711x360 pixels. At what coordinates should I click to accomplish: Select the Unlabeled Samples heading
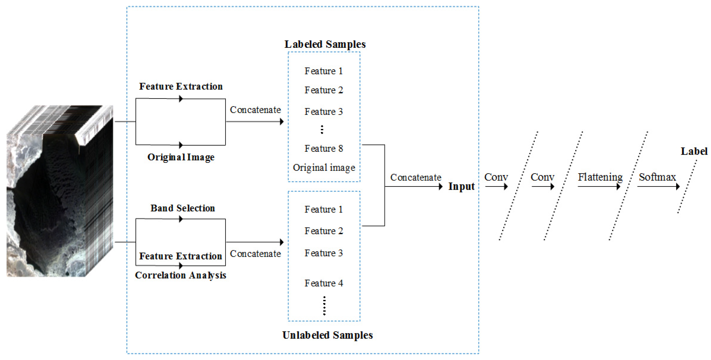[x=327, y=335]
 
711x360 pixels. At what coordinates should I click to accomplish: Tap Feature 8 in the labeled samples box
[x=323, y=149]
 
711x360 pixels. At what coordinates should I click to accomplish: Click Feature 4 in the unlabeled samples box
[x=323, y=283]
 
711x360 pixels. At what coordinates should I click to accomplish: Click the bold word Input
[x=461, y=187]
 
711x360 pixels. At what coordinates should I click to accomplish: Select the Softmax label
[x=657, y=177]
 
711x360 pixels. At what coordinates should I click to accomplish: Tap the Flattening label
[x=600, y=177]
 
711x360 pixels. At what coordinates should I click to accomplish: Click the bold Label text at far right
[x=694, y=151]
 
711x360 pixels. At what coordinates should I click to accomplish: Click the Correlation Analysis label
[x=181, y=275]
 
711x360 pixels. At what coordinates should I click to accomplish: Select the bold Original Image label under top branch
[x=181, y=157]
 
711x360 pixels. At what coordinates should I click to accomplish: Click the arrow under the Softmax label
[x=658, y=187]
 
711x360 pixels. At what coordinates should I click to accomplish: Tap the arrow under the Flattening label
[x=599, y=187]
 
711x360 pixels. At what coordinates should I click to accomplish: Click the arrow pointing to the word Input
[x=414, y=187]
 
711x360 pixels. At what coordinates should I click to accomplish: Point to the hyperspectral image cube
[x=60, y=191]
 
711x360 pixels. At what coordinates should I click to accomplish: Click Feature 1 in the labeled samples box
[x=323, y=71]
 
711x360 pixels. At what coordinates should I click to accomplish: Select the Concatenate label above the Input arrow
[x=415, y=178]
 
